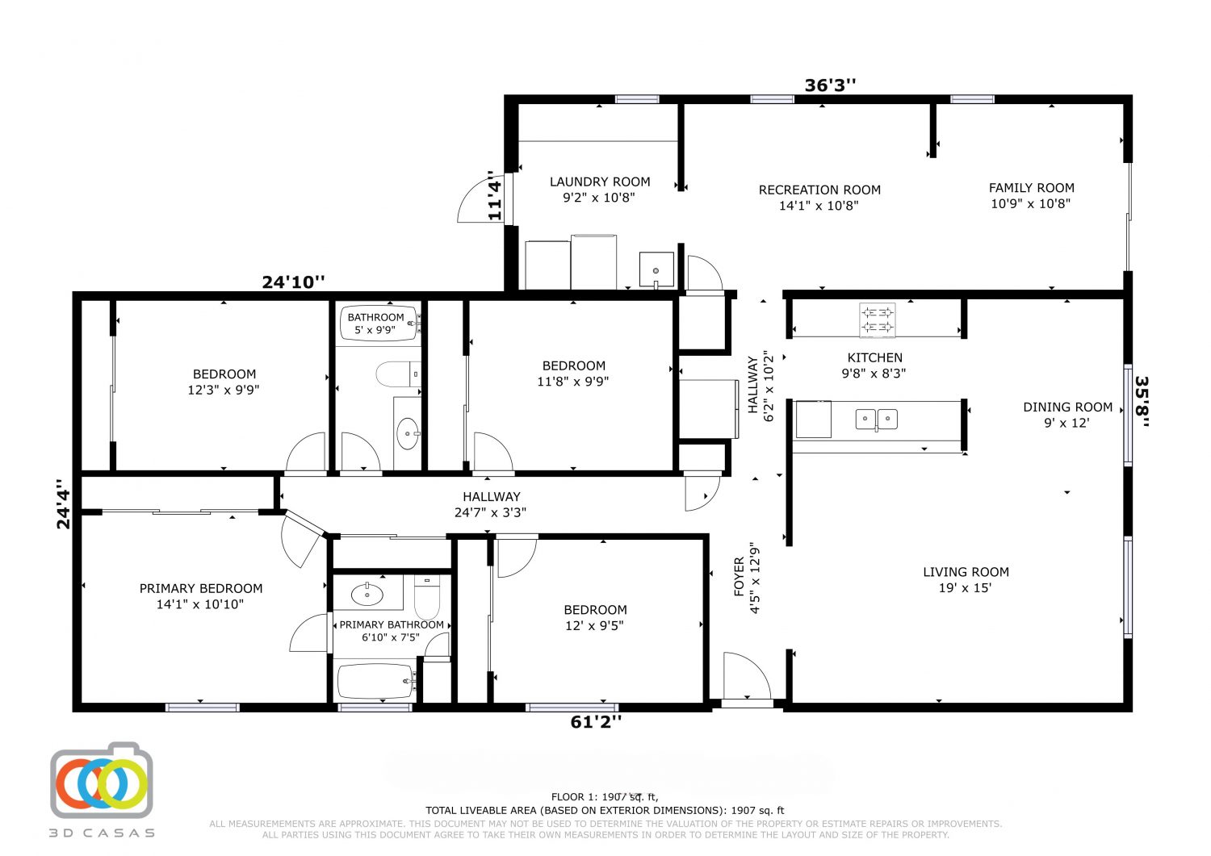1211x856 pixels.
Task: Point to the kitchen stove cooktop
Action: coord(877,320)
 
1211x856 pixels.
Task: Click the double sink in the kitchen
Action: coord(876,419)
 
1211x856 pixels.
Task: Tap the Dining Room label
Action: coord(1068,407)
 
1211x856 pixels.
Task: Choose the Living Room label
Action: coord(966,572)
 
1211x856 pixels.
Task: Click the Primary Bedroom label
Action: coord(201,588)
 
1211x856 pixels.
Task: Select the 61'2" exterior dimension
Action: coord(596,722)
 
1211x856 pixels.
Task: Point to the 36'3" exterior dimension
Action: coord(831,86)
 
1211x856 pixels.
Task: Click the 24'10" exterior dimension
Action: coord(294,282)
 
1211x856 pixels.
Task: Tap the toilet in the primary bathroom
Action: coord(427,596)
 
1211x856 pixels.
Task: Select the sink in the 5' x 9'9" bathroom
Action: coord(408,433)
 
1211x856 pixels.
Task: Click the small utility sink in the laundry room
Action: coord(656,269)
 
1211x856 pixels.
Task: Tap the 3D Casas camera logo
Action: coord(102,780)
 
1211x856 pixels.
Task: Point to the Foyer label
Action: coord(739,577)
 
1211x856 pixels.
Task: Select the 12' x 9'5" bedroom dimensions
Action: coord(594,625)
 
